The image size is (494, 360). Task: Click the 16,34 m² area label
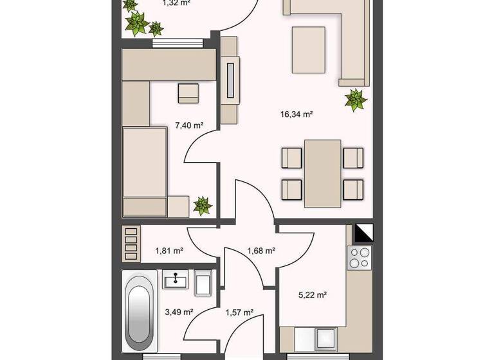(296, 114)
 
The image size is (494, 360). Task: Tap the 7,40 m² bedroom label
(189, 125)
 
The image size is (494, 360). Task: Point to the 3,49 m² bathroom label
(179, 312)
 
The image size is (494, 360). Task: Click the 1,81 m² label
(169, 251)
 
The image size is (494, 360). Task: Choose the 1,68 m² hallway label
(261, 251)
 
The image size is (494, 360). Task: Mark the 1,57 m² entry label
(239, 312)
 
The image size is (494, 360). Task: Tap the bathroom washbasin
(174, 281)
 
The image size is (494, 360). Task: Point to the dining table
(322, 173)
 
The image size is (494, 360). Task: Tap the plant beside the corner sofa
(355, 100)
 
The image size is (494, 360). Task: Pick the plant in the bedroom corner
(202, 206)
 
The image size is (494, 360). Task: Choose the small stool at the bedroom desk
(188, 93)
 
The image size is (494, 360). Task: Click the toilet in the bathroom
(203, 283)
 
